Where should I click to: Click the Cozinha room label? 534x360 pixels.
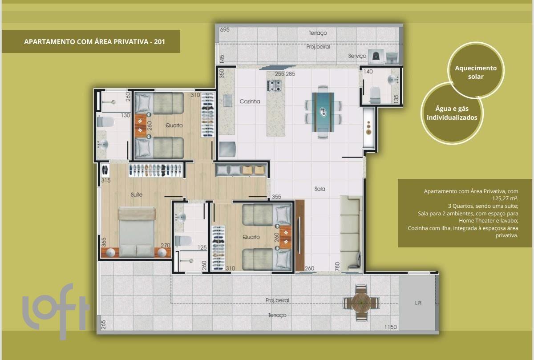[x=250, y=101]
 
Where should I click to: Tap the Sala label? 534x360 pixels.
[x=320, y=189]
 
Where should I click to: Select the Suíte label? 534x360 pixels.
[x=137, y=194]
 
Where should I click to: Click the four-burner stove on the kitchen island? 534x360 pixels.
[x=274, y=85]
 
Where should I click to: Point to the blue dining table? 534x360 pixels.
[x=323, y=112]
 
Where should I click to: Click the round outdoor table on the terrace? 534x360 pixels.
[x=361, y=303]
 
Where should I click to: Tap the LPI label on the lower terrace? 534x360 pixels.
[x=418, y=303]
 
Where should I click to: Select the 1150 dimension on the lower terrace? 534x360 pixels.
[x=391, y=327]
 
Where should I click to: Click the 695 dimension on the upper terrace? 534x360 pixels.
[x=225, y=29]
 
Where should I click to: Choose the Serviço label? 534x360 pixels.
[x=357, y=56]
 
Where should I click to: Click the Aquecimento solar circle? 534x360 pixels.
[x=476, y=70]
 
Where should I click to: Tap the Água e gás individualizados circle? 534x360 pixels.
[x=452, y=113]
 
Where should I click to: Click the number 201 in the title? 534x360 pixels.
[x=159, y=41]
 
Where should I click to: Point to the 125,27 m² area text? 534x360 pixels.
[x=505, y=198]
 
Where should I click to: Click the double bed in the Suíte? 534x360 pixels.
[x=137, y=232]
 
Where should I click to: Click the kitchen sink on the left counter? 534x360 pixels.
[x=228, y=101]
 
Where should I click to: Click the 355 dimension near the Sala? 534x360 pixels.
[x=276, y=197]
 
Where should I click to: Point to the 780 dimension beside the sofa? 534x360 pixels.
[x=337, y=266]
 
